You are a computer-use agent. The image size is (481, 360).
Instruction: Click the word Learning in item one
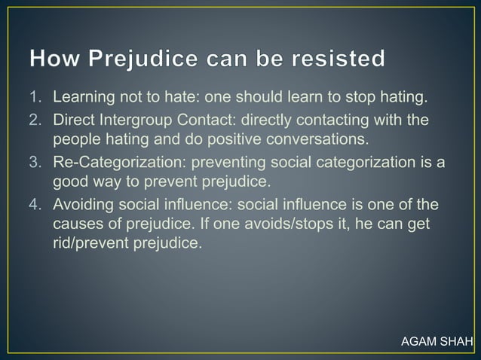tap(83, 97)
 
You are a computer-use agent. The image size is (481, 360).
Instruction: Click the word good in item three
tap(68, 182)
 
